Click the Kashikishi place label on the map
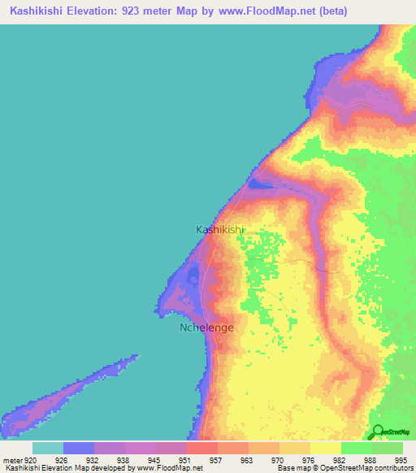pos(219,230)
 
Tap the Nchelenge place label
pos(206,328)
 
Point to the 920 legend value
pos(29,459)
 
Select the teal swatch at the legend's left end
pos(47,448)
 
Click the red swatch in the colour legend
pos(201,448)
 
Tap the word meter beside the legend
pos(12,459)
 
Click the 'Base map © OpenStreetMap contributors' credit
pos(343,468)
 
